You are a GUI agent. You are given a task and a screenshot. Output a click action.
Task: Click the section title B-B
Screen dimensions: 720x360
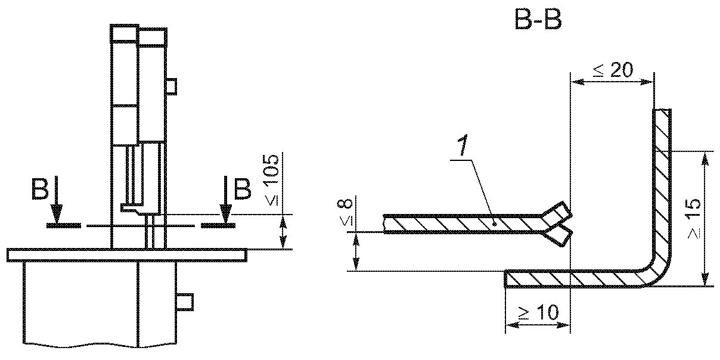click(x=538, y=20)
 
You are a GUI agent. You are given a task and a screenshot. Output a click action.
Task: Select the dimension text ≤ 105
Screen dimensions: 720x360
click(x=271, y=179)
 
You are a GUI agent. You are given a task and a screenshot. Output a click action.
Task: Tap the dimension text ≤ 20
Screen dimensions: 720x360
click(x=613, y=70)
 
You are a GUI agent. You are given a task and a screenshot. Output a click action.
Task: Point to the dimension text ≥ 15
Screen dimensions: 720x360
click(x=694, y=218)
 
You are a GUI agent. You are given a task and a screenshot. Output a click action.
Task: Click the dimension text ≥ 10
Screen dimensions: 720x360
click(x=539, y=312)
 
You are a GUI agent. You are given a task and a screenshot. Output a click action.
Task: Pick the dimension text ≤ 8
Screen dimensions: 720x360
click(x=345, y=212)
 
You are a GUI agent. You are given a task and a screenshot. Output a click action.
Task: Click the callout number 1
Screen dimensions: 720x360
click(x=463, y=145)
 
